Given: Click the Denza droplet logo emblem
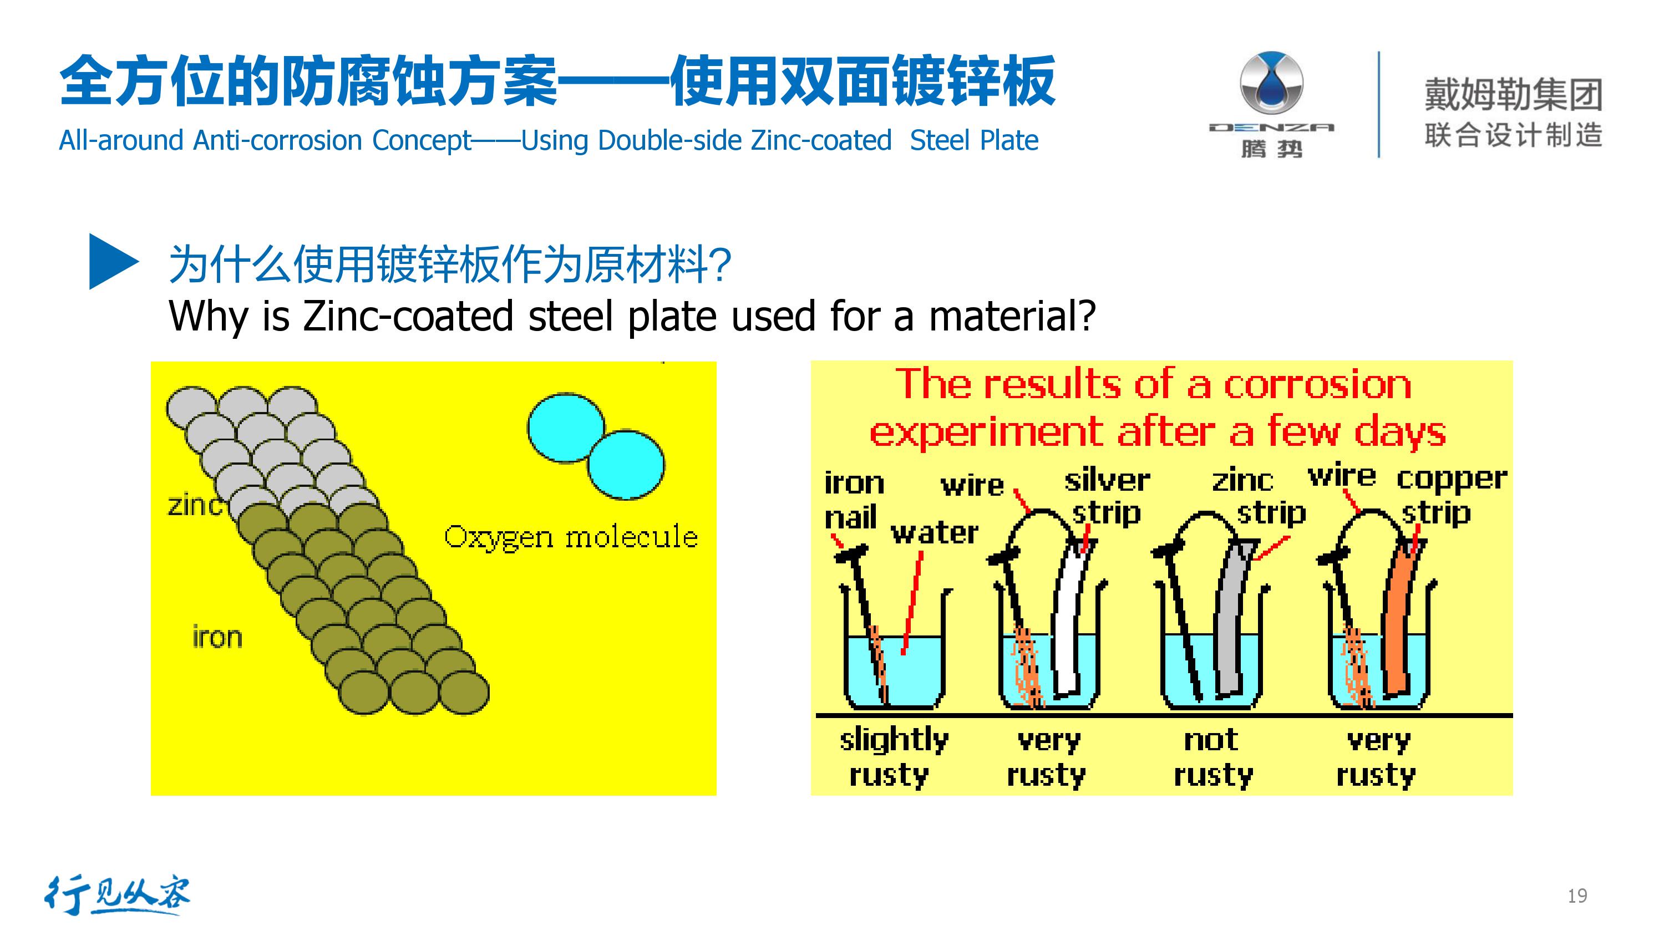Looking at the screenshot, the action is click(1271, 83).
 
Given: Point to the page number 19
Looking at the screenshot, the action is click(1577, 896).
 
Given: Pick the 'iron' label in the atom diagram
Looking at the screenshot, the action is click(217, 637).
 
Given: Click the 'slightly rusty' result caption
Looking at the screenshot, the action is click(894, 756).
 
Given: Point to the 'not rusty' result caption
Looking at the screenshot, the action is click(1213, 756).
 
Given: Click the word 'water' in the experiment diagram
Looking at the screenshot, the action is click(934, 533).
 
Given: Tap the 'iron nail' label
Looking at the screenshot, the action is click(853, 500).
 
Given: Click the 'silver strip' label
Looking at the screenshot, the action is click(1107, 496).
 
